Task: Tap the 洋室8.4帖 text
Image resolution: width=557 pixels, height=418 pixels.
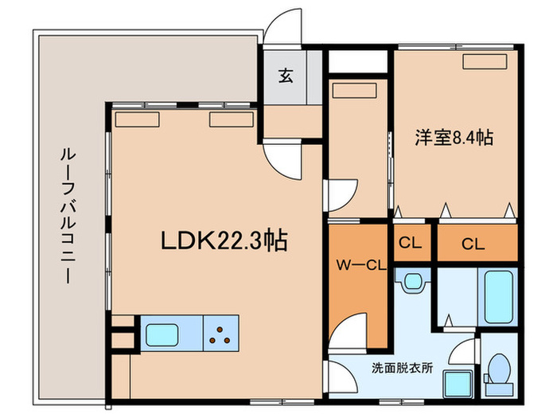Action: click(453, 137)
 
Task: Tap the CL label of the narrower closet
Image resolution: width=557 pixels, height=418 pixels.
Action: click(411, 244)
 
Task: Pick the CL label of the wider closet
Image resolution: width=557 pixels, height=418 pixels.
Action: click(474, 244)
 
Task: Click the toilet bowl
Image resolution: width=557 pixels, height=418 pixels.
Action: click(499, 370)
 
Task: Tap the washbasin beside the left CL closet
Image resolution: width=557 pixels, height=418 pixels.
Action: click(412, 281)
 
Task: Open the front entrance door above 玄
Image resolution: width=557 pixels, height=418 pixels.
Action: click(282, 30)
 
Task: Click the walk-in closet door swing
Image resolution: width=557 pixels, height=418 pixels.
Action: click(344, 333)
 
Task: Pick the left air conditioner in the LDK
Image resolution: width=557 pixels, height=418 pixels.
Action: click(137, 119)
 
